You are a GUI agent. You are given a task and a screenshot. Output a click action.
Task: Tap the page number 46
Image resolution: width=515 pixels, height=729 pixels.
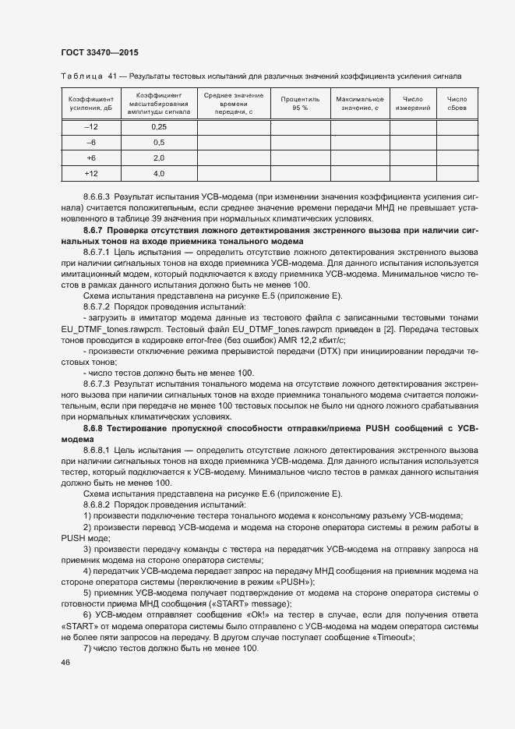(x=65, y=663)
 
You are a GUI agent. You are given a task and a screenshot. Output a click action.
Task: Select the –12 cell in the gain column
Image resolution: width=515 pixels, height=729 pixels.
(x=91, y=127)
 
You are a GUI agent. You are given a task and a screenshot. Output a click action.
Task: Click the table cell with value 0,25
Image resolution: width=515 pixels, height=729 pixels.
(x=159, y=127)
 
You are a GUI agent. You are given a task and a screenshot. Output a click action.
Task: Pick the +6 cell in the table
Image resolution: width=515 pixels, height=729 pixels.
(x=91, y=157)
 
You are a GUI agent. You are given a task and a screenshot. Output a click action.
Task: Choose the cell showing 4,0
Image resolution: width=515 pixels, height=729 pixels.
(x=159, y=173)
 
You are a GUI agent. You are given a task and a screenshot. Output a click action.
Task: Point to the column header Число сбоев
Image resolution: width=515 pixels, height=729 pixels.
(x=457, y=104)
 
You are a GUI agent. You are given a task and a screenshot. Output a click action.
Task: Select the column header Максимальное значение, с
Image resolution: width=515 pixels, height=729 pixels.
(x=359, y=104)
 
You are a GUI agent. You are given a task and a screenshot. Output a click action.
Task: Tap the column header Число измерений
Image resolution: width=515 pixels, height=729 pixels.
(x=412, y=104)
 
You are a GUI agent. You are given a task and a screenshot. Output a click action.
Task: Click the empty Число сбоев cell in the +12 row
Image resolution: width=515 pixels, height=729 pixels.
(x=457, y=173)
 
